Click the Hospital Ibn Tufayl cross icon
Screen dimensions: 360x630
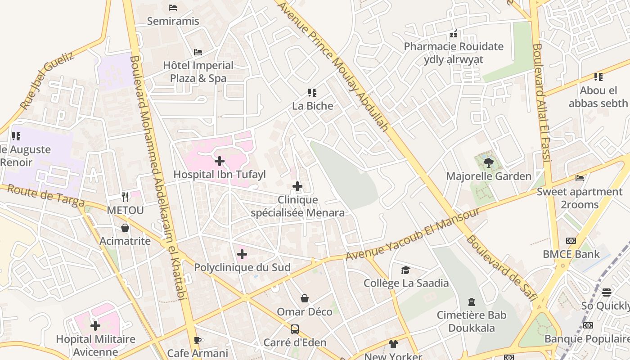point(220,161)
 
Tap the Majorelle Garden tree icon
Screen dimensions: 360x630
point(488,162)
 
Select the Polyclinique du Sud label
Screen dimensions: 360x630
point(242,267)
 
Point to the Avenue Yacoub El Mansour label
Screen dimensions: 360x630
point(413,234)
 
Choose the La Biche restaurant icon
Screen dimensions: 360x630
point(312,93)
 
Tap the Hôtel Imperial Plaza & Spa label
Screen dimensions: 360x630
point(198,72)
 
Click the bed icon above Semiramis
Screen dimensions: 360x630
point(173,8)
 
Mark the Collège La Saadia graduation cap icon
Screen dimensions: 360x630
point(406,270)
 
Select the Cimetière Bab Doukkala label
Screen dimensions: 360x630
point(472,321)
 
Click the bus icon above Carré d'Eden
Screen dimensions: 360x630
point(295,329)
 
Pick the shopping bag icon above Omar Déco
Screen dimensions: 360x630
point(305,298)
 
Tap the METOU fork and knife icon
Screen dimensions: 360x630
point(125,197)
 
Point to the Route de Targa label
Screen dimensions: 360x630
point(46,196)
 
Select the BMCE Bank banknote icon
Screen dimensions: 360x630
point(571,241)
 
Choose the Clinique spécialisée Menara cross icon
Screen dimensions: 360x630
point(297,186)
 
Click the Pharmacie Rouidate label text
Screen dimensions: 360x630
point(453,46)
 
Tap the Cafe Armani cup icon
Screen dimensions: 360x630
point(197,340)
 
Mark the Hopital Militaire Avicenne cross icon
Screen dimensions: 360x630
point(95,325)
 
